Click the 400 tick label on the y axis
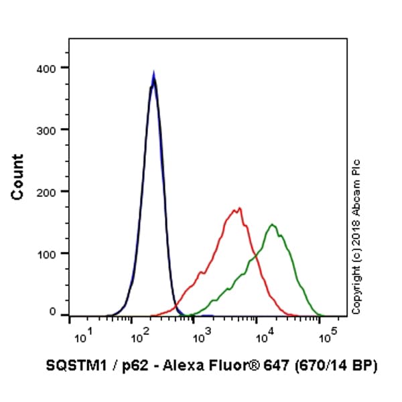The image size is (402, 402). pos(48,68)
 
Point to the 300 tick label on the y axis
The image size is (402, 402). pos(48,129)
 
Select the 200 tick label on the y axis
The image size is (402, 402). pos(48,192)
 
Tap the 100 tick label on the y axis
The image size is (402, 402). pos(48,253)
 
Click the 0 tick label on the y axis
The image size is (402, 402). pos(53,312)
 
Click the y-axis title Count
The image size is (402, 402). pos(17,177)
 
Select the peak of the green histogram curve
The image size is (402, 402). pos(272,224)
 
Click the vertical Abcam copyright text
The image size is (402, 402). pos(356,236)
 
